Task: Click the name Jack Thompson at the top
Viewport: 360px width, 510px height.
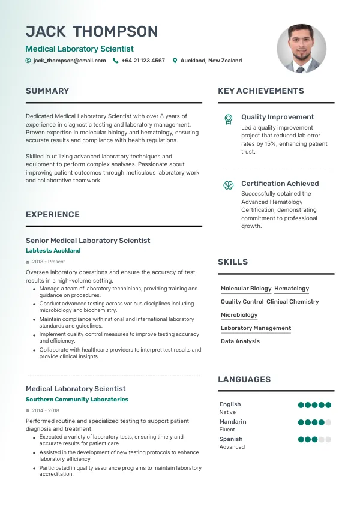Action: point(92,32)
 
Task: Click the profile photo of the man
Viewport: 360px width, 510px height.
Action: point(301,49)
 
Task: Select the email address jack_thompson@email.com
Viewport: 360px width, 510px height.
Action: point(69,61)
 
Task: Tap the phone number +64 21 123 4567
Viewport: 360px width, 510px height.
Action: point(143,61)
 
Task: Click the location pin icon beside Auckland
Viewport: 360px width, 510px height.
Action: point(175,61)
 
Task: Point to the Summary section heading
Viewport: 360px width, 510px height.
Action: point(47,91)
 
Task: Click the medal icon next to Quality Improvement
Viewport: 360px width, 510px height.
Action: point(228,119)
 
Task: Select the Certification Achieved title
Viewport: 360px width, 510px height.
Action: point(280,184)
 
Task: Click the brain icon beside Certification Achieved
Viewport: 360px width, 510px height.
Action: point(228,185)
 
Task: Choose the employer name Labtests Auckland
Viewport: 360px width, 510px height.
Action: point(53,251)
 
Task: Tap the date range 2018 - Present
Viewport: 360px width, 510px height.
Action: point(48,262)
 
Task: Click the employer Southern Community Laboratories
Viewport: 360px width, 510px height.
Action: point(77,400)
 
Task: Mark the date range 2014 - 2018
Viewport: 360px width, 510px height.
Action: point(46,410)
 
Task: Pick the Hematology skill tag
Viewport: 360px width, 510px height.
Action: point(292,289)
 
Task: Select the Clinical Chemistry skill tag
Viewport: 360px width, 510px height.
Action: point(293,302)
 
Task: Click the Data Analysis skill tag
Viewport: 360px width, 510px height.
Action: point(240,341)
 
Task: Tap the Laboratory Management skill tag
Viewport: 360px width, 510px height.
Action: point(256,328)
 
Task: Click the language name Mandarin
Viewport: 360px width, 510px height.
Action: point(233,422)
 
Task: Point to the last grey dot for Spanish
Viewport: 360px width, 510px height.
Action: point(328,439)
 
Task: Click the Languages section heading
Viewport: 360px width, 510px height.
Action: point(244,380)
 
